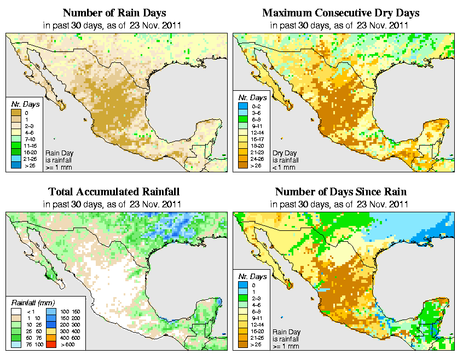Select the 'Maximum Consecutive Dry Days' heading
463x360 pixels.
click(340, 13)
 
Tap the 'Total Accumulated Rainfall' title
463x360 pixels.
click(114, 192)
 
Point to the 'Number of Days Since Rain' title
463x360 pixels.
click(340, 192)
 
